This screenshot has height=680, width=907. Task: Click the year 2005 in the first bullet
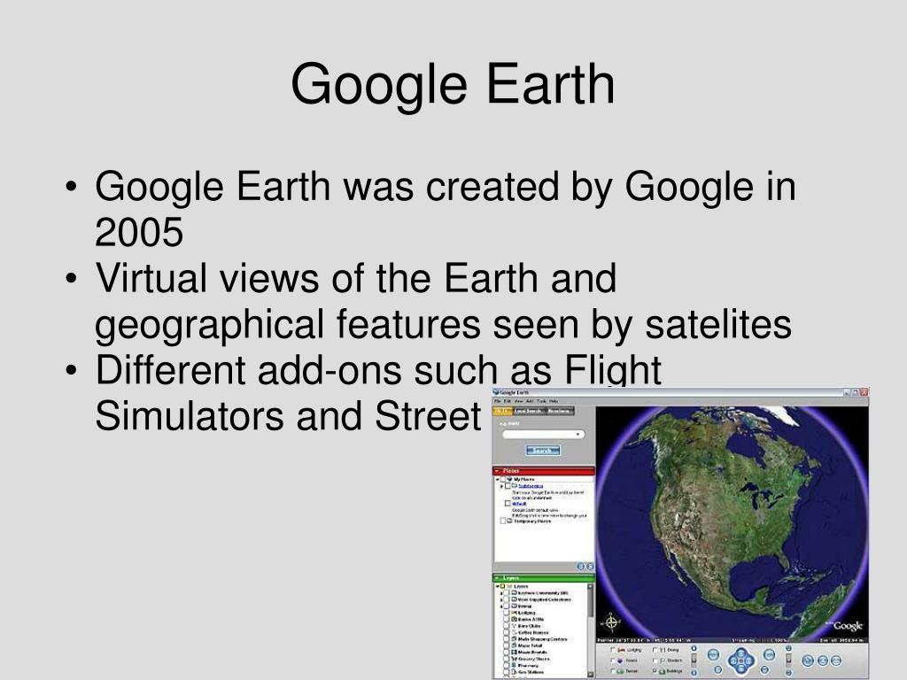pyautogui.click(x=139, y=232)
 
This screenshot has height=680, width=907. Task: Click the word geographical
pyautogui.click(x=209, y=326)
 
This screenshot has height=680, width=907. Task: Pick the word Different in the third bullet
pyautogui.click(x=170, y=371)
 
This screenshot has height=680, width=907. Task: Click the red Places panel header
pyautogui.click(x=543, y=471)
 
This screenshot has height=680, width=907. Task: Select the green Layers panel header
pyautogui.click(x=543, y=577)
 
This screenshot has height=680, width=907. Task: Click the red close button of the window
pyautogui.click(x=864, y=392)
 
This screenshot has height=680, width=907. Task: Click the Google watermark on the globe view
pyautogui.click(x=847, y=626)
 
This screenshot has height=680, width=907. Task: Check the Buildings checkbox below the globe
pyautogui.click(x=655, y=671)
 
